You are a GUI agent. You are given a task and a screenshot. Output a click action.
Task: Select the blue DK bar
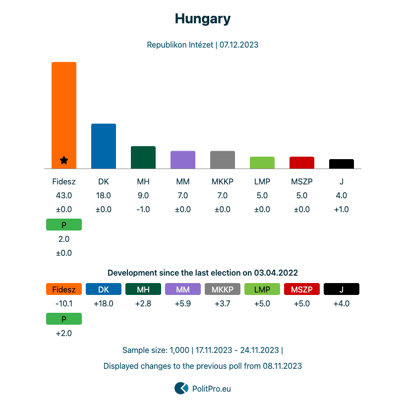104,146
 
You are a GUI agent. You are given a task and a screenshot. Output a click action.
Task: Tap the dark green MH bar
143,157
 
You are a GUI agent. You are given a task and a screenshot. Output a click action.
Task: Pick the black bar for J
342,164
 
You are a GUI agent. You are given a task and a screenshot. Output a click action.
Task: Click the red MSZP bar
302,163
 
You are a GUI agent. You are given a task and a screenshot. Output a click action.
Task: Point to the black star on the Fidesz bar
64,160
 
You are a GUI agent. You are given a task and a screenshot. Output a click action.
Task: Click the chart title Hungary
202,19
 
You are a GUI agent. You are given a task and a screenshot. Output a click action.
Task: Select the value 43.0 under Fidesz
64,195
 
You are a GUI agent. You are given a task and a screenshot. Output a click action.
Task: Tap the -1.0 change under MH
143,209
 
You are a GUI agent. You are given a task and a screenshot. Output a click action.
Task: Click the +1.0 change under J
342,209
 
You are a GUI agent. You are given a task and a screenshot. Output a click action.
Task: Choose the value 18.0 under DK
104,195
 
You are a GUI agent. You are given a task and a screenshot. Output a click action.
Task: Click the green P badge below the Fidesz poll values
64,225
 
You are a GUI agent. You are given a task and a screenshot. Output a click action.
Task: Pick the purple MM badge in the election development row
183,289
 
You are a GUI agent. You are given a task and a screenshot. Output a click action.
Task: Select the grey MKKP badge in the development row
223,289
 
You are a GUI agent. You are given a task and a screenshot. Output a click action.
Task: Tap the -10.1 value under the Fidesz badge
64,303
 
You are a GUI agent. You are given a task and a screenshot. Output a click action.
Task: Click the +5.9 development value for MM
183,303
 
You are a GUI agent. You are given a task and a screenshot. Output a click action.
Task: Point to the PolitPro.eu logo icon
181,388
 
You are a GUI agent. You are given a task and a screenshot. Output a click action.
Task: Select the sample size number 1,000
179,350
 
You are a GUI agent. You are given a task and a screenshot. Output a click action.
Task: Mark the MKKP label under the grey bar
223,181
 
